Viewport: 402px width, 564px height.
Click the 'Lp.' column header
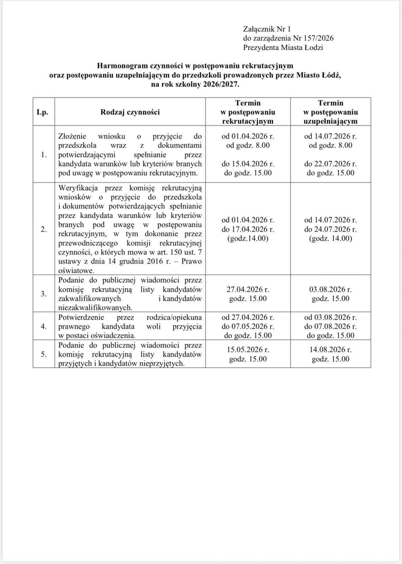pyautogui.click(x=42, y=112)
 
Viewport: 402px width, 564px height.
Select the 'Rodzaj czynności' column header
pyautogui.click(x=130, y=112)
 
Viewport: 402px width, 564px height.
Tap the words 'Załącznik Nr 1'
pyautogui.click(x=267, y=29)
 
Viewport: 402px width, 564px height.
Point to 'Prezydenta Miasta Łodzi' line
pyautogui.click(x=283, y=48)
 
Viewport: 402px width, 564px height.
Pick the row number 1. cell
pyautogui.click(x=44, y=154)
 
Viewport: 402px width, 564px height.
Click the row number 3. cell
pyautogui.click(x=44, y=294)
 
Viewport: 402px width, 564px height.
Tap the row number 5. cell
pyautogui.click(x=44, y=354)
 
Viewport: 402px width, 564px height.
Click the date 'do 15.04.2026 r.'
pyautogui.click(x=248, y=164)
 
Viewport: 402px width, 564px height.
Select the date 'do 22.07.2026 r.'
pyautogui.click(x=331, y=164)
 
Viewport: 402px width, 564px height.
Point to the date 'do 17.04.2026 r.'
pyautogui.click(x=248, y=229)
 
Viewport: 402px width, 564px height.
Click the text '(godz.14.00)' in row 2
pyautogui.click(x=248, y=238)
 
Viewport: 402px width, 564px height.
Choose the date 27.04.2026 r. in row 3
pyautogui.click(x=248, y=289)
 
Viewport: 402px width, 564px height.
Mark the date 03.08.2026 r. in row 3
pyautogui.click(x=331, y=289)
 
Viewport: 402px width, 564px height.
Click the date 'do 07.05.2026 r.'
pyautogui.click(x=248, y=326)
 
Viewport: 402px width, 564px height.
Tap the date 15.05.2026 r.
pyautogui.click(x=248, y=350)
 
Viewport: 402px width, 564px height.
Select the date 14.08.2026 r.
pyautogui.click(x=331, y=350)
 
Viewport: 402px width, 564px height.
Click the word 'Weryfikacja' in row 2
pyautogui.click(x=78, y=188)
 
